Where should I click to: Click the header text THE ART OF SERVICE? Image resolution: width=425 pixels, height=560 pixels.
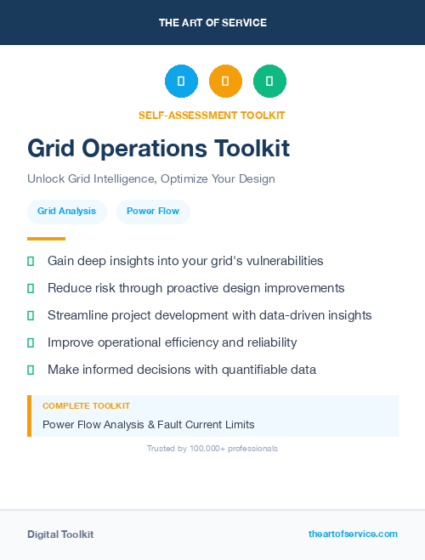click(x=212, y=23)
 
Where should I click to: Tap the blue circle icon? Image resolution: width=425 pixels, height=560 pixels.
click(x=181, y=82)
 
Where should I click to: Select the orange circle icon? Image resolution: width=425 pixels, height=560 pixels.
click(x=225, y=82)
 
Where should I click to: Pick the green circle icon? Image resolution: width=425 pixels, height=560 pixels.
click(x=269, y=82)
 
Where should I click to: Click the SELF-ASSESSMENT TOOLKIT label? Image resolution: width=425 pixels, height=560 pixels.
click(x=212, y=115)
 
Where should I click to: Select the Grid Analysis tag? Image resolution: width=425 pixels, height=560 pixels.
click(x=66, y=211)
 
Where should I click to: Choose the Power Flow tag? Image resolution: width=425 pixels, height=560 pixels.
click(x=153, y=211)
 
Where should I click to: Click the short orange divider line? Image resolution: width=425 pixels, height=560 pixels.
click(x=46, y=239)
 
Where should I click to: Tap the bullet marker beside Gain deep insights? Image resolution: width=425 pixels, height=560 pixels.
click(x=31, y=261)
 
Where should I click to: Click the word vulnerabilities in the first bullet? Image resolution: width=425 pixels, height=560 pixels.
click(x=276, y=261)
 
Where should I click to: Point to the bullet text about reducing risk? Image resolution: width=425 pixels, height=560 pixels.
click(x=195, y=288)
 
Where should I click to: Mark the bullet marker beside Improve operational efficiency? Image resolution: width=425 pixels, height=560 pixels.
click(x=31, y=342)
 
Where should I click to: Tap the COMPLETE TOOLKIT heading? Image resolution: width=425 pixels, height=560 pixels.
click(x=86, y=406)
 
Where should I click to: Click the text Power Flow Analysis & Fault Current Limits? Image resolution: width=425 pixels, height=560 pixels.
click(x=148, y=424)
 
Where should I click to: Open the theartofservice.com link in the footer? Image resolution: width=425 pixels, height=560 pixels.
click(x=353, y=534)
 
